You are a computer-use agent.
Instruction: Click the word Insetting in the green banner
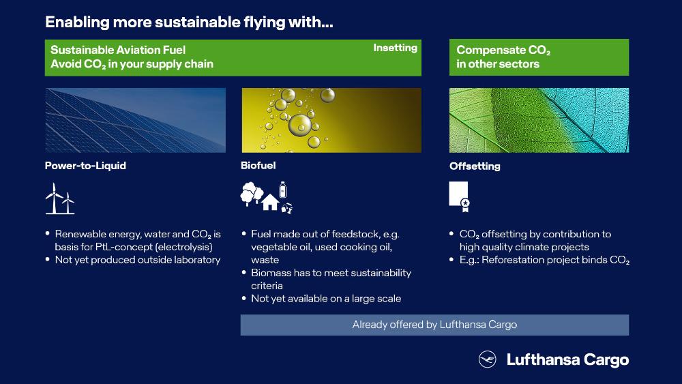point(395,48)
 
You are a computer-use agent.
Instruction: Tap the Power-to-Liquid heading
point(85,166)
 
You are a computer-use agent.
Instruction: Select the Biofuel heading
point(258,165)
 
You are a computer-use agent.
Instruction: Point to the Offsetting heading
point(475,166)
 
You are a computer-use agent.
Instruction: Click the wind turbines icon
point(60,198)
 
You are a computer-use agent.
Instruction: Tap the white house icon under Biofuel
point(270,202)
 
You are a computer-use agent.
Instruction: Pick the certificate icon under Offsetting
point(459,196)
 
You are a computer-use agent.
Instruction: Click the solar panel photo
point(135,120)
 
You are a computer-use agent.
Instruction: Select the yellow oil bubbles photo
point(331,120)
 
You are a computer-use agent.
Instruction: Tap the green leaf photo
point(539,120)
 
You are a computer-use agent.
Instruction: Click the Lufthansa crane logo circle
point(487,359)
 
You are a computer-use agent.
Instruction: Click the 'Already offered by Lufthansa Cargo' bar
point(434,325)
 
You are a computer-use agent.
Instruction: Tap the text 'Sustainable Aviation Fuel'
point(118,50)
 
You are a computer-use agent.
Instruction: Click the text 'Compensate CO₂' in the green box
point(503,50)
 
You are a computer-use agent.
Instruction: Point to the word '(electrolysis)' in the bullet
point(184,247)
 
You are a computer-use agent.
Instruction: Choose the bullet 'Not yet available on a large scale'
point(326,299)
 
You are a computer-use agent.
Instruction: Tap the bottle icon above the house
point(283,190)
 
